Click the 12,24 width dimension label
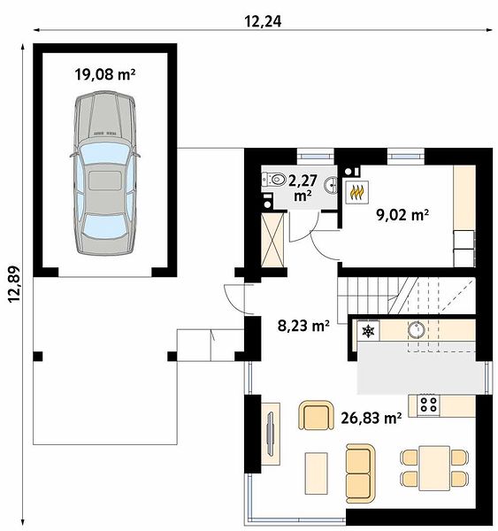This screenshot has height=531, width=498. [263, 21]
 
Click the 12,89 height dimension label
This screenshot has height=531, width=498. [14, 284]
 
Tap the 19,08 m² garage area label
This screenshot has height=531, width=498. [105, 74]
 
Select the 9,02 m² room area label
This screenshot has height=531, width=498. [402, 214]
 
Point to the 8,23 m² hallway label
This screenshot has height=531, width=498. [303, 326]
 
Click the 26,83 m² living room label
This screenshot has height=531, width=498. [372, 418]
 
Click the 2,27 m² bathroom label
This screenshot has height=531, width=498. [303, 188]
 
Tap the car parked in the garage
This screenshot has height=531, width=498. [105, 173]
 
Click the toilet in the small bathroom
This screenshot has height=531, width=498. [273, 179]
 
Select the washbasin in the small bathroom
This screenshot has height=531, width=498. [331, 185]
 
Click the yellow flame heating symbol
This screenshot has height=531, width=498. [356, 192]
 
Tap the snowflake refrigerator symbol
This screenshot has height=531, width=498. [368, 331]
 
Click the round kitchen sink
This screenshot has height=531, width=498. [416, 329]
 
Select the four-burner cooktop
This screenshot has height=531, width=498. [428, 404]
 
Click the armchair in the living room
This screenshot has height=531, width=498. [316, 416]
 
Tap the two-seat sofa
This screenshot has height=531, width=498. [361, 473]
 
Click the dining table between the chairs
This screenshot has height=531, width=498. [434, 468]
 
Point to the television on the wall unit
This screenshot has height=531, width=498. [270, 433]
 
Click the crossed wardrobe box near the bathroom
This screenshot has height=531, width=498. [272, 240]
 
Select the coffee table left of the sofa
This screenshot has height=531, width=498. [316, 473]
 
